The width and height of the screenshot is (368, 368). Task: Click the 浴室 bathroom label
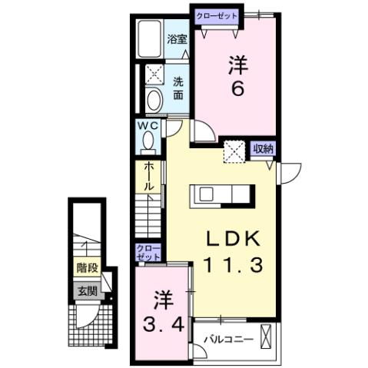[177, 38]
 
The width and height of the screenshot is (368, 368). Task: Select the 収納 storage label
[264, 148]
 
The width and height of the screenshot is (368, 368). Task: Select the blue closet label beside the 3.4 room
[148, 253]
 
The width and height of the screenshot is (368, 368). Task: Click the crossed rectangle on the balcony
[267, 337]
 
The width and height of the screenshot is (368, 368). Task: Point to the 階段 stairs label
[85, 268]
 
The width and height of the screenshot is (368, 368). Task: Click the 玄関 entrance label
[86, 290]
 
